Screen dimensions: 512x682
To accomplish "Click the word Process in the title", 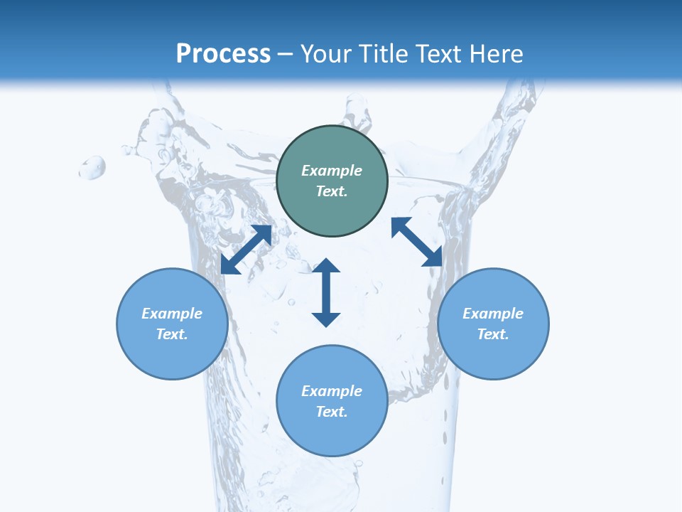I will pyautogui.click(x=223, y=54).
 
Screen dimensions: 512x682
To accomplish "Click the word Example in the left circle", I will pyautogui.click(x=172, y=314).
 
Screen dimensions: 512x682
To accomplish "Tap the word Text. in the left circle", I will pyautogui.click(x=172, y=334).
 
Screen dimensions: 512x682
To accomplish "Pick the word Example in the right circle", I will pyautogui.click(x=493, y=314).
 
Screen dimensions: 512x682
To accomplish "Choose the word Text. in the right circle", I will pyautogui.click(x=493, y=334).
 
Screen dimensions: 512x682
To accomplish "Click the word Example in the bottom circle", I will pyautogui.click(x=332, y=391).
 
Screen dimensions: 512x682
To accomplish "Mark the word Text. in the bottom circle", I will pyautogui.click(x=332, y=412).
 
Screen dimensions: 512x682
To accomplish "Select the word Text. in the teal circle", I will pyautogui.click(x=332, y=191).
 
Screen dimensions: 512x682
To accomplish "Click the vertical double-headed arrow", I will pyautogui.click(x=326, y=292).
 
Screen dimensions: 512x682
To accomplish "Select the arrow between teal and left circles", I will pyautogui.click(x=246, y=250).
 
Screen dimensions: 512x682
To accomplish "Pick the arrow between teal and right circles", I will pyautogui.click(x=417, y=242).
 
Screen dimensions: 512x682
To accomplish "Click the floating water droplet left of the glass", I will pyautogui.click(x=92, y=168).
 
